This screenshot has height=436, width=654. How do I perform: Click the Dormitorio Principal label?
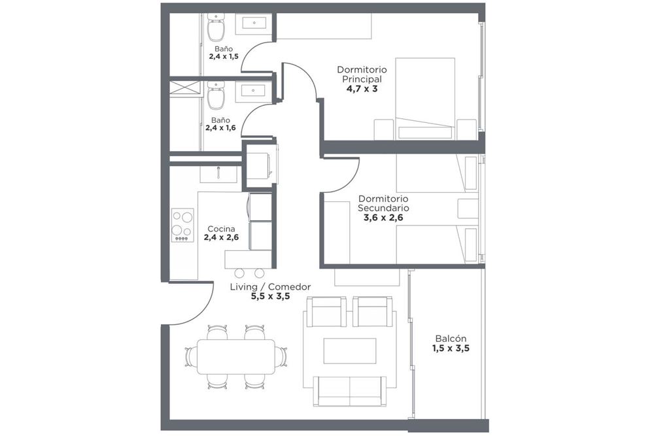point(362,75)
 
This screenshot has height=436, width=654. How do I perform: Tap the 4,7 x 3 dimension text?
point(362,89)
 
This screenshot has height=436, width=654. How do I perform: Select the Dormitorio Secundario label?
point(383,203)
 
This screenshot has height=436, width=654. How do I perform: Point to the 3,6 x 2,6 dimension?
point(383,218)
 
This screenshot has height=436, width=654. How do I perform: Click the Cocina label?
point(221,229)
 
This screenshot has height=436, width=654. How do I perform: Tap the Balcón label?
point(451,339)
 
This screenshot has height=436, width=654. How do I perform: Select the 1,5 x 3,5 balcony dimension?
point(451,348)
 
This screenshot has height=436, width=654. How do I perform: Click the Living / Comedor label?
point(270,287)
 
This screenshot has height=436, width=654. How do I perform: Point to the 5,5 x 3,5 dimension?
point(270,297)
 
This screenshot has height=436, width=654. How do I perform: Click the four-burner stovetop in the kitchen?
point(182,226)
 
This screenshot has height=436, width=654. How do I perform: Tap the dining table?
point(236,357)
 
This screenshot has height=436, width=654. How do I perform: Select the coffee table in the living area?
point(350,350)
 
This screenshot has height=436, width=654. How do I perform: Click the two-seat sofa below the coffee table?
point(349,391)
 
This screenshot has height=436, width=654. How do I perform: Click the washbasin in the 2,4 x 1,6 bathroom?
point(254,90)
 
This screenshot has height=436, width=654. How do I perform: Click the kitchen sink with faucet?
point(218,174)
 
